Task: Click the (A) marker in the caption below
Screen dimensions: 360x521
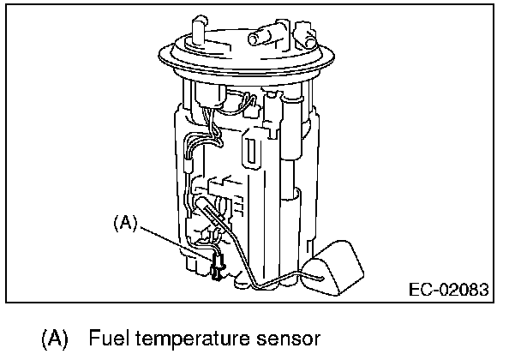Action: [x=54, y=339]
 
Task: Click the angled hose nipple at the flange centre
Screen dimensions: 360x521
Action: [x=261, y=36]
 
